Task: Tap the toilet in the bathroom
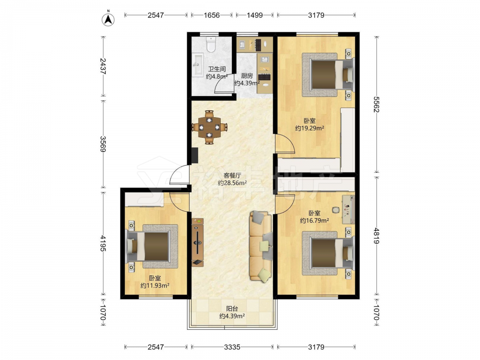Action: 211,44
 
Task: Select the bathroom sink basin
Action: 198,64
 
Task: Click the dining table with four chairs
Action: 210,127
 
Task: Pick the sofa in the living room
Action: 261,246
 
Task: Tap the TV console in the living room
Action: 198,242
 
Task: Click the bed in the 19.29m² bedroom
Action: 328,75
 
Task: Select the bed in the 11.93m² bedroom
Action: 152,246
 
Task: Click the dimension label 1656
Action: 212,15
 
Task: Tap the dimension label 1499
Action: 255,15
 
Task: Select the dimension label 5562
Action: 376,104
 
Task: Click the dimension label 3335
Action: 232,347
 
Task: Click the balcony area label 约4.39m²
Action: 232,316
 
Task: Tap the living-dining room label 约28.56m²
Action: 233,183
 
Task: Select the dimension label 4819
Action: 376,236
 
